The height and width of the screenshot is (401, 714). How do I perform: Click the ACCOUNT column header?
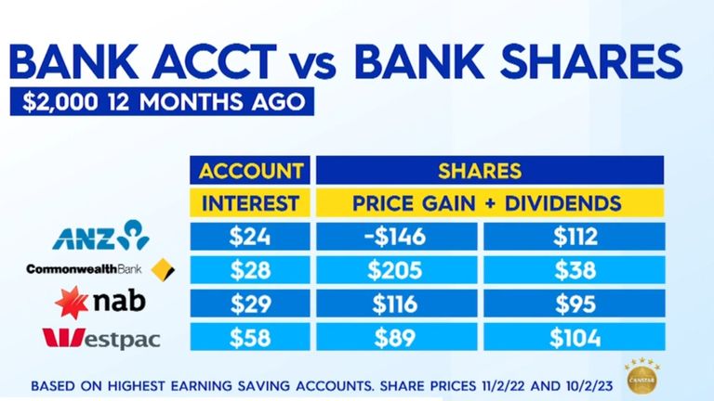click(x=250, y=170)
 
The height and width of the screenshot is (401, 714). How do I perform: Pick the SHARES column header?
click(x=490, y=170)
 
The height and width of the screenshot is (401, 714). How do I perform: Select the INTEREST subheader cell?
click(x=250, y=202)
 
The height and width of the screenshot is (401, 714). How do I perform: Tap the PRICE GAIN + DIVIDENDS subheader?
click(x=490, y=202)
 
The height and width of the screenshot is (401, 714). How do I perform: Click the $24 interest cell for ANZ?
click(x=250, y=236)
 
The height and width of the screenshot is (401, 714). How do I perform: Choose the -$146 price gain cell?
click(x=396, y=236)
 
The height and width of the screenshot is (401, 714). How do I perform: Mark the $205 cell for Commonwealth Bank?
click(x=396, y=269)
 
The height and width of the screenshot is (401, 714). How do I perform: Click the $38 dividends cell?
click(x=574, y=269)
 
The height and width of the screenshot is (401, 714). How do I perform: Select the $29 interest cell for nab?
click(x=250, y=304)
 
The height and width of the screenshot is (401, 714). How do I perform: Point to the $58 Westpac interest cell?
click(x=250, y=337)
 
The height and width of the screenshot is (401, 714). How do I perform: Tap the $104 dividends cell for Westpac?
click(x=574, y=337)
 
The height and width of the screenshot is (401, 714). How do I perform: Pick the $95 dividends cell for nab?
click(x=574, y=304)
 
